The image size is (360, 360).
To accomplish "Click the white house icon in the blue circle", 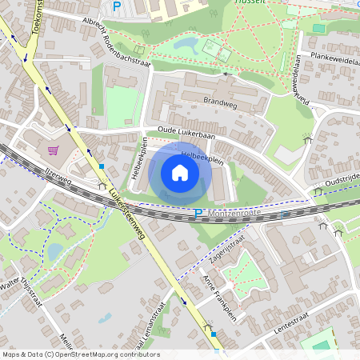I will point(180,173).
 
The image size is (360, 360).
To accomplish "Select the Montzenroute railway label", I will point(234,214).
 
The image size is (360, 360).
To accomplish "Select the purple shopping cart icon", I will point(54,150).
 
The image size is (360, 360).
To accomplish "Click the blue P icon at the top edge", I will point(117,6).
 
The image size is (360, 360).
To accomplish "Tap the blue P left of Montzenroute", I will point(198,214).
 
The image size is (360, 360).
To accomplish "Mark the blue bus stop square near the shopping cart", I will point(102,166).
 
